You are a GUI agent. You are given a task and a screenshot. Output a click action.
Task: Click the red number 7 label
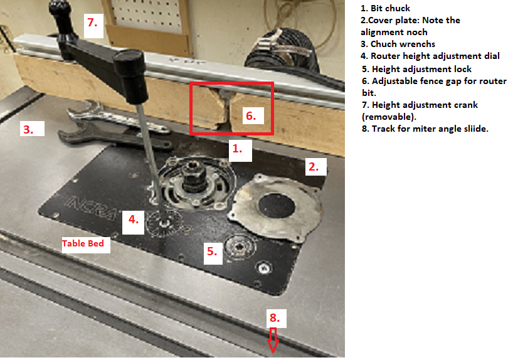coord(92,23)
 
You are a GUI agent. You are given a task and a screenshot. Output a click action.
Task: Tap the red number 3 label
coord(28,129)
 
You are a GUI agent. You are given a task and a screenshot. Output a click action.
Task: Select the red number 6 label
coord(251,116)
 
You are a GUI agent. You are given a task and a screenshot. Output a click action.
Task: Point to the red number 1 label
coord(237,149)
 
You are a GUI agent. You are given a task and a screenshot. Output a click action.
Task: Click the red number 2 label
coord(314,167)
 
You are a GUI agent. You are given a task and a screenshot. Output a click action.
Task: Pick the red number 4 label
coord(134,220)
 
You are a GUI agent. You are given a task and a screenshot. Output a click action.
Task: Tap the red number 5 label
coord(212,251)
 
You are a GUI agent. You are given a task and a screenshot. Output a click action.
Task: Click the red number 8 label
coord(275,317)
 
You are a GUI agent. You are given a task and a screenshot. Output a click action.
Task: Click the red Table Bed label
coord(83,243)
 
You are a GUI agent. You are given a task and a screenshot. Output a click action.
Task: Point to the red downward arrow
coord(273,340)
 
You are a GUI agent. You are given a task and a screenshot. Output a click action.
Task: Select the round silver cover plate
coord(275,207)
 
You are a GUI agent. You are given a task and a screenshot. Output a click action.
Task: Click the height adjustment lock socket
coord(239,246)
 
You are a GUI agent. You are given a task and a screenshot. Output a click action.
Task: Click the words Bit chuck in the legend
coord(390,8)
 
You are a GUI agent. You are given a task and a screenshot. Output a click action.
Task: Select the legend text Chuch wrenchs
coord(403,44)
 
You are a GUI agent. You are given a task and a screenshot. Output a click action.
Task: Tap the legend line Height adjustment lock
coord(421,69)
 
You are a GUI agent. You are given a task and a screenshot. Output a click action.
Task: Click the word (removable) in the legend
coord(389,117)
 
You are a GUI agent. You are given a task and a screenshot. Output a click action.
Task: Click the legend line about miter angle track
coord(425,129)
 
